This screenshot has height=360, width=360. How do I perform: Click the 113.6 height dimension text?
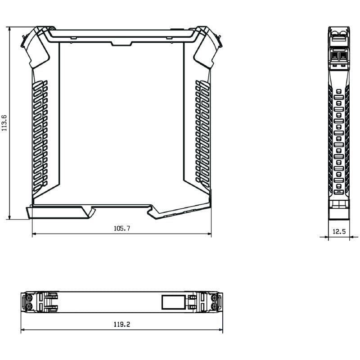(4, 122)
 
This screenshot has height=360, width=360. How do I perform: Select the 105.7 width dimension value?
(121, 229)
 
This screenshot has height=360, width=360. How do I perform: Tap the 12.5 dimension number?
(339, 232)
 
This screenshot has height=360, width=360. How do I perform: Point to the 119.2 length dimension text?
(122, 324)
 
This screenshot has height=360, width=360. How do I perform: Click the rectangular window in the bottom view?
(173, 301)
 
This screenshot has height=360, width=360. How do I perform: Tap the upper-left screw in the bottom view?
(29, 297)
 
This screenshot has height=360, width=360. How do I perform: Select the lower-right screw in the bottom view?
(215, 306)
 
